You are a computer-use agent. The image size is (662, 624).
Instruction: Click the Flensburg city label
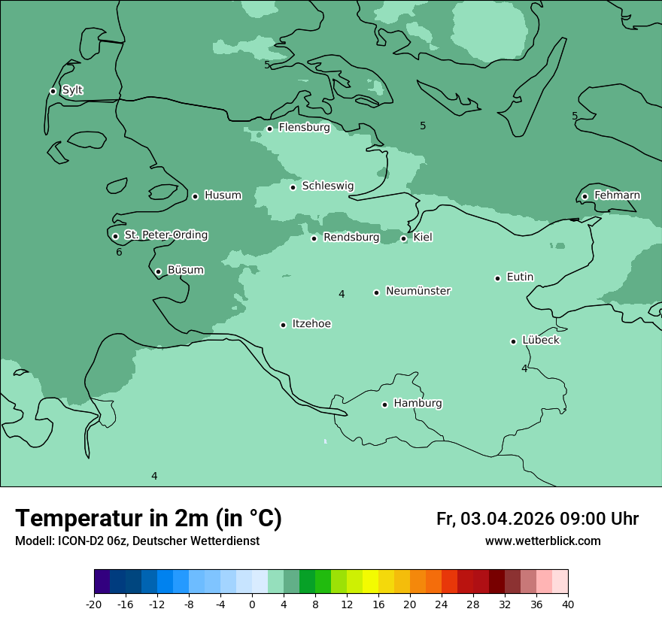pyautogui.click(x=304, y=128)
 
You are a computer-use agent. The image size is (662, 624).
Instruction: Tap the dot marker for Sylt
pyautogui.click(x=53, y=91)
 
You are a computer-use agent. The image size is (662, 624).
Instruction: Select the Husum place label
pyautogui.click(x=223, y=195)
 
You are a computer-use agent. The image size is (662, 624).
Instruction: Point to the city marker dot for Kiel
pyautogui.click(x=403, y=238)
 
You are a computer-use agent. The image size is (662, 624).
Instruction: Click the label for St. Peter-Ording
pyautogui.click(x=165, y=235)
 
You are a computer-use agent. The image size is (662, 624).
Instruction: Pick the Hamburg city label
pyautogui.click(x=418, y=404)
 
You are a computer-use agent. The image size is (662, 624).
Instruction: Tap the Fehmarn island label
pyautogui.click(x=617, y=195)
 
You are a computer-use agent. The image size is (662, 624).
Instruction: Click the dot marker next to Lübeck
pyautogui.click(x=514, y=341)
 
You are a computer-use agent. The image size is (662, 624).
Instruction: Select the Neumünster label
pyautogui.click(x=418, y=291)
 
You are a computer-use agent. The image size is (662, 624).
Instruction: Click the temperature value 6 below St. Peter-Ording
pyautogui.click(x=119, y=253)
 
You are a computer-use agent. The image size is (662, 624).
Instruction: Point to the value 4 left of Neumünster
pyautogui.click(x=342, y=295)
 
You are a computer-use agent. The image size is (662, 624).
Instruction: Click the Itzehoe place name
pyautogui.click(x=311, y=324)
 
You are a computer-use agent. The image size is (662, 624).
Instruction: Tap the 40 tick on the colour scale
pyautogui.click(x=568, y=604)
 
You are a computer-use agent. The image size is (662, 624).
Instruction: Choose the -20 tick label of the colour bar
pyautogui.click(x=94, y=604)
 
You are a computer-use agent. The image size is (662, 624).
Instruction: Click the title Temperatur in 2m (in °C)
pyautogui.click(x=148, y=518)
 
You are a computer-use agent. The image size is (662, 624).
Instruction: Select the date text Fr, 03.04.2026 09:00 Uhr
pyautogui.click(x=537, y=519)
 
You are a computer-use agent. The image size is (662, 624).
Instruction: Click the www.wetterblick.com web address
pyautogui.click(x=542, y=541)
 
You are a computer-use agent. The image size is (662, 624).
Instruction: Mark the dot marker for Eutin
pyautogui.click(x=497, y=278)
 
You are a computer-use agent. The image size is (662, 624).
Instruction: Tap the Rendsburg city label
pyautogui.click(x=351, y=238)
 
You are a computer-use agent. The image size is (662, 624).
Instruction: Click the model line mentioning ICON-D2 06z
pyautogui.click(x=137, y=541)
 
